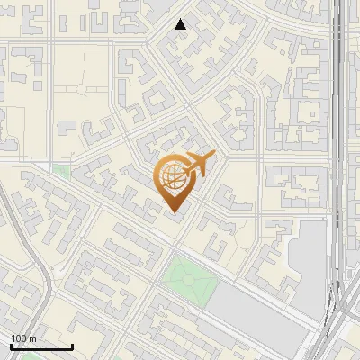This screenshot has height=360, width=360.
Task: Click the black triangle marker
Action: [x=181, y=24]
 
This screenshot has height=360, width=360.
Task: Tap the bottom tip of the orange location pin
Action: [x=175, y=212]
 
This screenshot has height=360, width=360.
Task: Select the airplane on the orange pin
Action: [x=197, y=166]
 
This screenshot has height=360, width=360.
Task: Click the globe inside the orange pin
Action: [x=173, y=179]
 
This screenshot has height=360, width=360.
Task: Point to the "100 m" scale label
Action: [x=24, y=338]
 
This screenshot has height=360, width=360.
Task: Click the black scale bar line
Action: [x=41, y=346]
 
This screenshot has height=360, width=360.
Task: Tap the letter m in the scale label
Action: [x=33, y=338]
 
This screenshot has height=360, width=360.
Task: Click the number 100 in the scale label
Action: [x=19, y=338]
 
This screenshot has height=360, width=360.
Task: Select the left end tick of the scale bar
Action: [x=11, y=345]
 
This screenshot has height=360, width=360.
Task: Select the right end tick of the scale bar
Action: [x=72, y=345]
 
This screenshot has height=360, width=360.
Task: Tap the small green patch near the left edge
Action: [x=61, y=168]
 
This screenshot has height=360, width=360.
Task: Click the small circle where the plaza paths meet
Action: [x=82, y=88]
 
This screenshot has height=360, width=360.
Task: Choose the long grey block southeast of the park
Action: [x=261, y=314]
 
